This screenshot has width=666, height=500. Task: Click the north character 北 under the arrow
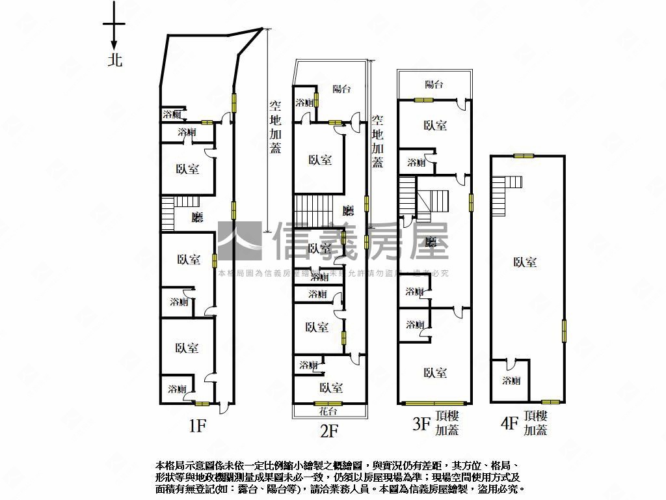click(114, 61)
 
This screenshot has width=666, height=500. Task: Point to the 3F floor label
click(421, 425)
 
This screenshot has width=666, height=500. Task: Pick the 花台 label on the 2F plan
click(328, 411)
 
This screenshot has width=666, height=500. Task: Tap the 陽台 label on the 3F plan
click(434, 84)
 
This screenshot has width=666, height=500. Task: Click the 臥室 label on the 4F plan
click(525, 262)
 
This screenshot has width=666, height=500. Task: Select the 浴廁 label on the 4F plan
click(511, 381)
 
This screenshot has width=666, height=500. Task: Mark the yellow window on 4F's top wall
click(523, 156)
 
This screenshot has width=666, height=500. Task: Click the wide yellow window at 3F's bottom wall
click(435, 403)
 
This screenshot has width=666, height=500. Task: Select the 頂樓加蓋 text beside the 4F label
click(535, 423)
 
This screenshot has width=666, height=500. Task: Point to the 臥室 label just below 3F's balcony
click(435, 126)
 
